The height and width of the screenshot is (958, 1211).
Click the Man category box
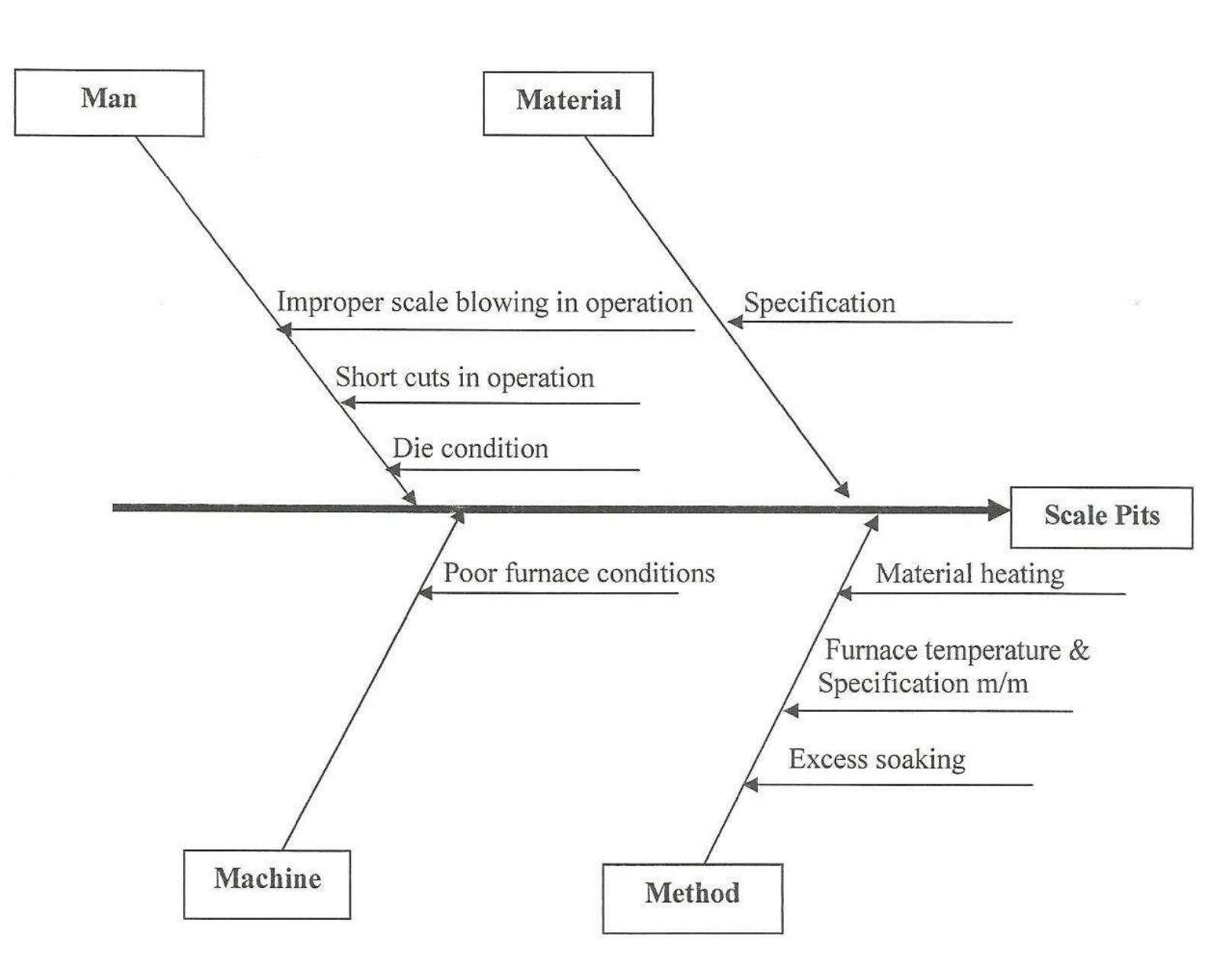pos(109,102)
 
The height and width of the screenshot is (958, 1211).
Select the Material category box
pos(568,104)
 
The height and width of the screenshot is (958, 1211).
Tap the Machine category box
pos(267,883)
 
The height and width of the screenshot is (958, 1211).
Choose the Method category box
pos(692,897)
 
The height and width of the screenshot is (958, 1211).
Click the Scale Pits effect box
pos(1101,517)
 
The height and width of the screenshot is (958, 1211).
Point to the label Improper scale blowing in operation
pos(484,303)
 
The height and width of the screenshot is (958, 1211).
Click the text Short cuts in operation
pos(464,378)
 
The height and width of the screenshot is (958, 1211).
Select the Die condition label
pos(470,449)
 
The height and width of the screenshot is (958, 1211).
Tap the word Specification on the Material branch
pos(819,303)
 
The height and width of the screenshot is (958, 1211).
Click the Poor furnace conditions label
pos(579,573)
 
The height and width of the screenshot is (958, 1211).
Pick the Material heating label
pos(969,574)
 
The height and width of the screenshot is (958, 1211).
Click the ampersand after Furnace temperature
pos(1079,650)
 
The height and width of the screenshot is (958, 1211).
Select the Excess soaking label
pos(877,759)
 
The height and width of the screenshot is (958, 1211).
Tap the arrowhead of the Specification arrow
pos(735,322)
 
